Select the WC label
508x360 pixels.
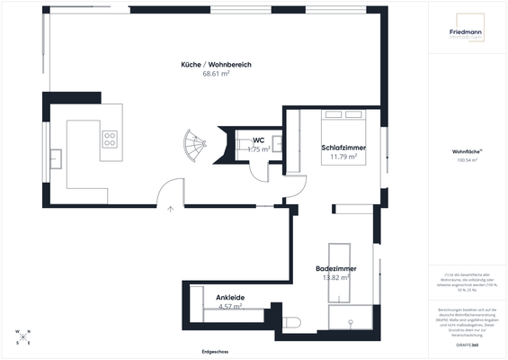coord(258,140)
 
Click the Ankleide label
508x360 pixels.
coord(230,297)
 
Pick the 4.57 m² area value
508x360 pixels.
coord(230,306)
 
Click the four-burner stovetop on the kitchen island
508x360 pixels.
coord(110,139)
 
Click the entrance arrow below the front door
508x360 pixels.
coord(170,210)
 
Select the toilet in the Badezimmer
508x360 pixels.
coord(290,322)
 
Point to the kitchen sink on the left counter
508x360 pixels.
coord(56,157)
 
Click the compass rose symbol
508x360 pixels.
coord(23,338)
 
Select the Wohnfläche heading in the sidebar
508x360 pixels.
coord(466,153)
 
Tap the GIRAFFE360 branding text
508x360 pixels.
coord(466,345)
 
